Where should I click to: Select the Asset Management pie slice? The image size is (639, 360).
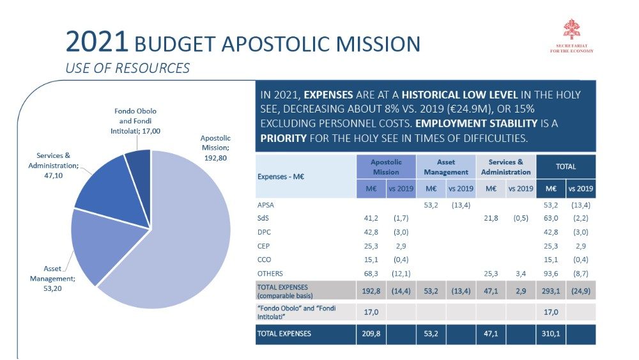tap(96, 246)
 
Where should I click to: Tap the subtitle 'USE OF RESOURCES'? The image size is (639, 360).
tap(128, 68)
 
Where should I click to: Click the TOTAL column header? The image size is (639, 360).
tap(566, 167)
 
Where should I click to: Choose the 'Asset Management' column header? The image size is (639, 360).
tap(447, 167)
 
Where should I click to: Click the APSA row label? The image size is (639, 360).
tap(266, 205)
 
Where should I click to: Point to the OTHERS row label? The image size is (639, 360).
tap(270, 273)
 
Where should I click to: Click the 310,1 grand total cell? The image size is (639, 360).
tap(550, 333)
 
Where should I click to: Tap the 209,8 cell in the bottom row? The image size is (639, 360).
tap(371, 333)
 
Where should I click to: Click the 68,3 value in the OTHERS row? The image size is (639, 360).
tap(371, 273)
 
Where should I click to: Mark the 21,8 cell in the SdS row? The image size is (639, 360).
tap(490, 219)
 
